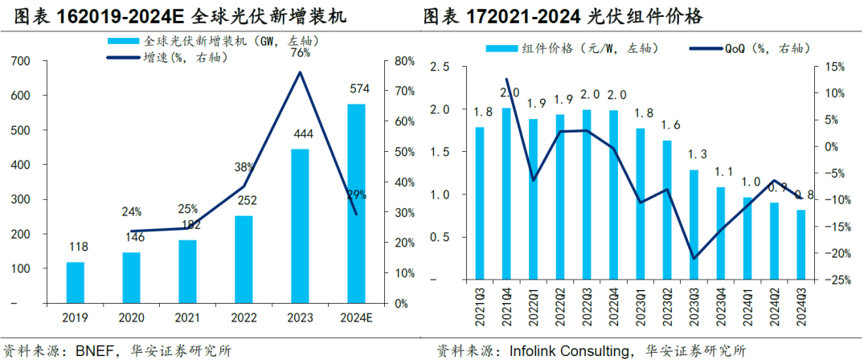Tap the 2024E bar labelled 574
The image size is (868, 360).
[x=355, y=204]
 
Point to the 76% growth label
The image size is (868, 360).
[x=300, y=54]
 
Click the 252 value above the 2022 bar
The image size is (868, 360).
[x=244, y=200]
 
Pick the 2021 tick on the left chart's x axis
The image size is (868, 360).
[x=187, y=318]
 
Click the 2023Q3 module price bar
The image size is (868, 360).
[x=694, y=225]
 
